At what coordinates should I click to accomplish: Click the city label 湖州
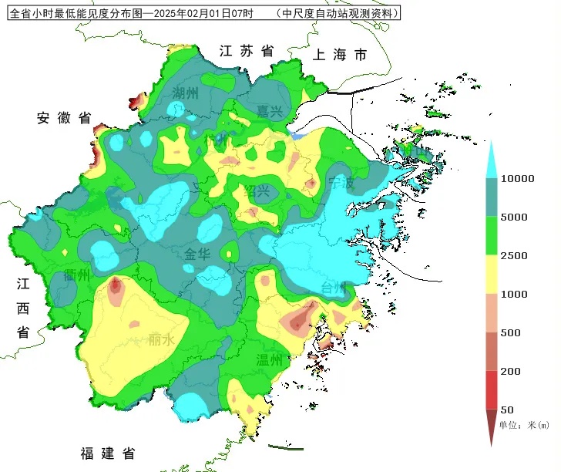186,93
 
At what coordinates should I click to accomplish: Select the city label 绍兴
258,191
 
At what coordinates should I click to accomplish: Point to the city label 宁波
341,183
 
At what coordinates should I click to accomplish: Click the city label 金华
197,255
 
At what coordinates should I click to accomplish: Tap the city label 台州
335,288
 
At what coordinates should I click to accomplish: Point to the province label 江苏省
247,52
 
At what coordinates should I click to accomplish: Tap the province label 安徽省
64,118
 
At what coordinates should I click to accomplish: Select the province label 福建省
108,453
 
